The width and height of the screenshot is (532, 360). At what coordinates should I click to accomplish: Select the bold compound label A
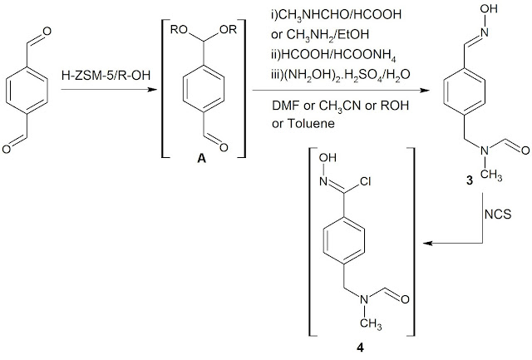(199, 163)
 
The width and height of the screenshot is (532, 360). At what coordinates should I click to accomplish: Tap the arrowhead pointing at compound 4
(426, 244)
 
